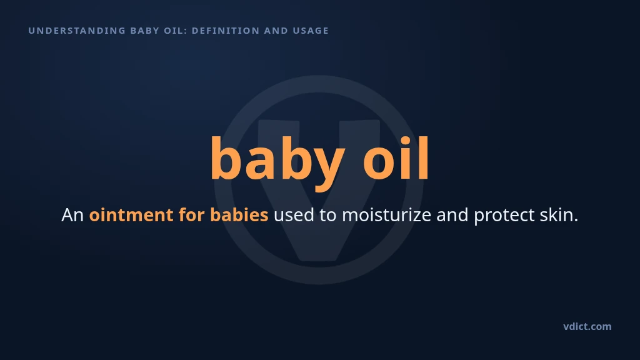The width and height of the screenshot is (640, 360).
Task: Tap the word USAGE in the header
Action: [x=311, y=31]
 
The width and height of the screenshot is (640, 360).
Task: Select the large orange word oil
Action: [x=396, y=158]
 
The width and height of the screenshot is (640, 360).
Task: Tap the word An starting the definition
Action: [x=72, y=215]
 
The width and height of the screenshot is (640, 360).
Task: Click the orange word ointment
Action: [x=131, y=215]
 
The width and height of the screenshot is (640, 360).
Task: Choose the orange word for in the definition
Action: [x=191, y=214]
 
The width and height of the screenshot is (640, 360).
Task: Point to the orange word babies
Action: [x=239, y=214]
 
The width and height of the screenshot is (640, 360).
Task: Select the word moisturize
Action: [x=386, y=214]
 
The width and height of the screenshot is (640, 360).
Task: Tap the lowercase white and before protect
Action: [x=452, y=214]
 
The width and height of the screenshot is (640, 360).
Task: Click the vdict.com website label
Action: [x=587, y=326]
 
